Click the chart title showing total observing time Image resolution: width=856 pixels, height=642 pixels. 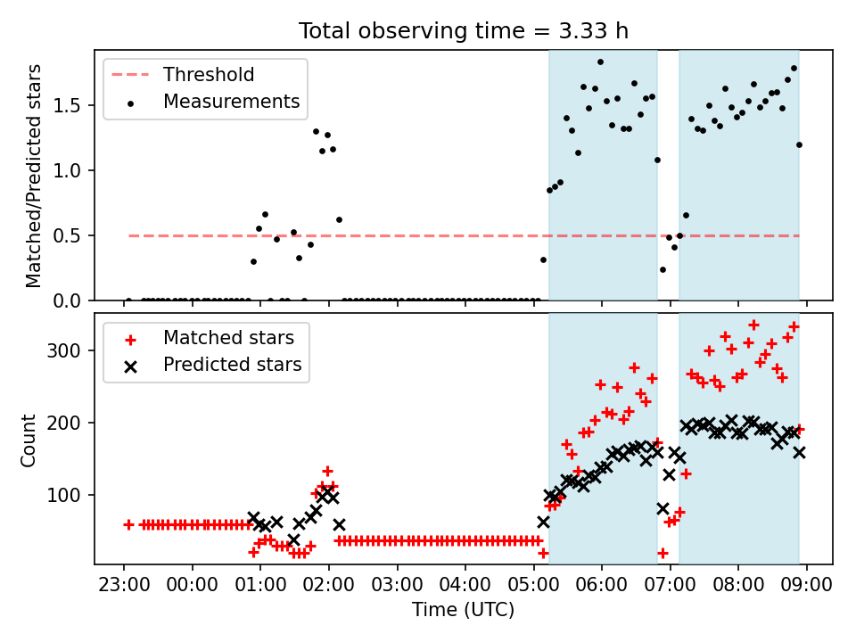(463, 30)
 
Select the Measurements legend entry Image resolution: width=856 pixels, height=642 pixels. (212, 102)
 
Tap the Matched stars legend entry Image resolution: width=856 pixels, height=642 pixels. (209, 338)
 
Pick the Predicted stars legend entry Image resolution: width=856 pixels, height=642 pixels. (212, 365)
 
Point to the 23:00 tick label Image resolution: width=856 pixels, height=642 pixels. (124, 584)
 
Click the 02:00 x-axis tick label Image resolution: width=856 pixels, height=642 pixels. (329, 584)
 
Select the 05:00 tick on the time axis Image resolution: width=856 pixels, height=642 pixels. (533, 584)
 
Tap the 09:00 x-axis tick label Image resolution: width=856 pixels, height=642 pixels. (806, 584)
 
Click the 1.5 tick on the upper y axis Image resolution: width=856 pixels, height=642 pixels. (67, 106)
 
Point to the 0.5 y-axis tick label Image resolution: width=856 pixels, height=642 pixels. (67, 236)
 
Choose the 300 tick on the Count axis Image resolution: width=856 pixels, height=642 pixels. (64, 350)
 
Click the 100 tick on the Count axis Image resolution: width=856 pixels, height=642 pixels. (64, 495)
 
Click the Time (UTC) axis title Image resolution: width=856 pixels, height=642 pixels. (463, 610)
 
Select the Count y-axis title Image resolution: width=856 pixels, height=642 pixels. (28, 440)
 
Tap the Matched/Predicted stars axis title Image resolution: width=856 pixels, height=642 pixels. (33, 176)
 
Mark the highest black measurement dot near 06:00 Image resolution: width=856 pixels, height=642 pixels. (600, 62)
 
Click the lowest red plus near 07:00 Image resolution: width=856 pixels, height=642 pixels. (663, 553)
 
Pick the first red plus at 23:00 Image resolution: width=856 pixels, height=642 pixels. (128, 525)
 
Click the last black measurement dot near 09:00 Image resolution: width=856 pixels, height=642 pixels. (799, 145)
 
